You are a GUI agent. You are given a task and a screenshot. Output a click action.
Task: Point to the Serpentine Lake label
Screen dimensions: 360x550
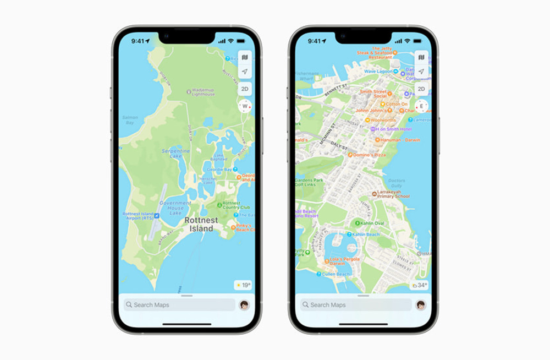176,154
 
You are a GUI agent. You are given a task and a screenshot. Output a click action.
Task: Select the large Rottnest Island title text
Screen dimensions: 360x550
201,224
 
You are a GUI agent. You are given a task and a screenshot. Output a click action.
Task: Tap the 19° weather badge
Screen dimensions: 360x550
243,285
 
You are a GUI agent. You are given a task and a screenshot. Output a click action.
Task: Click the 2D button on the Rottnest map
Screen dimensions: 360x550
245,89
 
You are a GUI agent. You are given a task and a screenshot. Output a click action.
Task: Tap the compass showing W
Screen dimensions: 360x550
245,106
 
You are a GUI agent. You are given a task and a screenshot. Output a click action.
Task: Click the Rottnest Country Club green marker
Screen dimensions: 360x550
219,205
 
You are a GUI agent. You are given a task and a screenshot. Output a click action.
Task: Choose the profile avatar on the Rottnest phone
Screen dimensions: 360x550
244,305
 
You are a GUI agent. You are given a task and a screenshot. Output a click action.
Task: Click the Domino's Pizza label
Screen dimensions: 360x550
369,155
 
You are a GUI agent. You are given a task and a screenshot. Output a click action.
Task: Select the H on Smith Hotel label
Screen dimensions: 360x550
394,129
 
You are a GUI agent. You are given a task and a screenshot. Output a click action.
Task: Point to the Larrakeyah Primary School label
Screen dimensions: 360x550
393,194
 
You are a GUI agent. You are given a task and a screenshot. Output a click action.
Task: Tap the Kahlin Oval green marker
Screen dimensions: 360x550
356,223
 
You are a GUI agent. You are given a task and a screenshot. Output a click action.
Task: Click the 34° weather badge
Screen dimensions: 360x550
420,285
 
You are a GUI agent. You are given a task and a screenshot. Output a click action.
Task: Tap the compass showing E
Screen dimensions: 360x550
422,106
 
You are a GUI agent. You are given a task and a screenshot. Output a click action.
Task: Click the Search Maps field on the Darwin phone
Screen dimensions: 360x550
355,305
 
